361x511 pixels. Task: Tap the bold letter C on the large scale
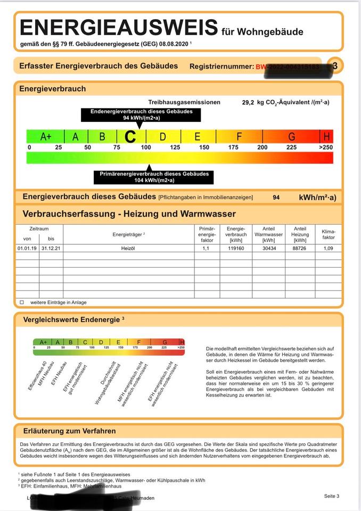click(130, 137)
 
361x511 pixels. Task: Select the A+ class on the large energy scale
click(46, 137)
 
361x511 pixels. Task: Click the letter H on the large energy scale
click(327, 137)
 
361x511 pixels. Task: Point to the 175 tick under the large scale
click(233, 147)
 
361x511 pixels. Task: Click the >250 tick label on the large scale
click(326, 147)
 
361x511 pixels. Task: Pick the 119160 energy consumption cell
click(236, 248)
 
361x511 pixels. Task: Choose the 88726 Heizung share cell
click(300, 248)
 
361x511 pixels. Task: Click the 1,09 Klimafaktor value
click(329, 248)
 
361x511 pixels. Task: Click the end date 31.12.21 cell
click(51, 248)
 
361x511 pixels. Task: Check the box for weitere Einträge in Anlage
click(22, 302)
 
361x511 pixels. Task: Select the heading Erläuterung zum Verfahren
click(70, 431)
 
